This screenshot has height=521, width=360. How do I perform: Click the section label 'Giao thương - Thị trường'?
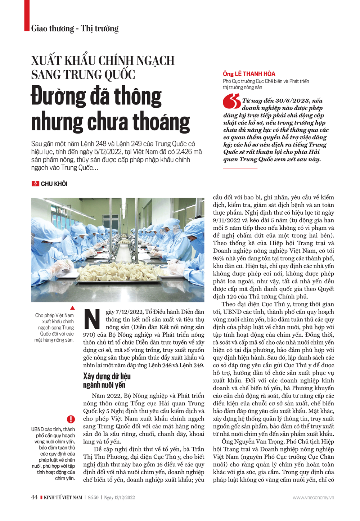75,28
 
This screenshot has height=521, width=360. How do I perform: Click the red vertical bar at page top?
27,15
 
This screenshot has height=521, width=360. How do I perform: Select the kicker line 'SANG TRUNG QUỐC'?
83,75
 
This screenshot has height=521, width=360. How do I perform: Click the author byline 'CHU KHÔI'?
54,184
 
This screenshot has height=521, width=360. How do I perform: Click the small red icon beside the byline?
35,184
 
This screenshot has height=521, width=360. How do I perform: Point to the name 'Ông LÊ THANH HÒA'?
249,74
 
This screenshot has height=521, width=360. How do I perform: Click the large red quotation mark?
231,101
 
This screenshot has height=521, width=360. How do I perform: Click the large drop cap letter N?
92,319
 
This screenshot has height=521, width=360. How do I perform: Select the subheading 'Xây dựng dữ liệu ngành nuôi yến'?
107,381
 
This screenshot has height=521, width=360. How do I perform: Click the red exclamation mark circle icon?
71,419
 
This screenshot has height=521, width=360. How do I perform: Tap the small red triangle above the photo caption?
72,308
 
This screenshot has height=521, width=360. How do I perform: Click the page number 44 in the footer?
34,497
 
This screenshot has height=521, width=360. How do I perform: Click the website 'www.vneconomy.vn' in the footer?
313,498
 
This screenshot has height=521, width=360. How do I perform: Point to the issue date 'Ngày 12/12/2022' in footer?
120,498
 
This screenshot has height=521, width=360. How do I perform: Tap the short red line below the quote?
240,168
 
